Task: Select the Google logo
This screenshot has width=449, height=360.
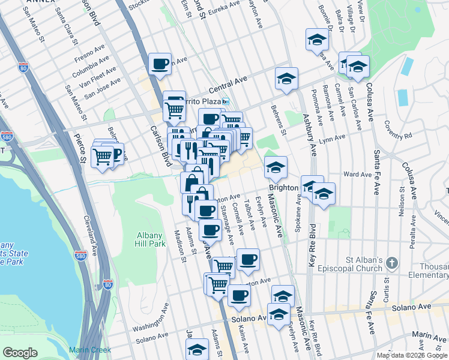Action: click(x=20, y=352)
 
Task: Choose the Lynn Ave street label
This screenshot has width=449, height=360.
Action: click(x=333, y=139)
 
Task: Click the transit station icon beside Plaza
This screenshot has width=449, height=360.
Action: click(x=225, y=101)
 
